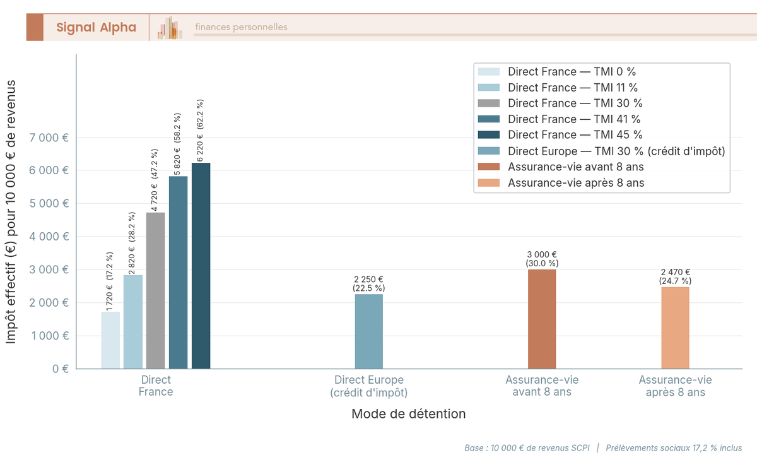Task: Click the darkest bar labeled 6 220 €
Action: [201, 265]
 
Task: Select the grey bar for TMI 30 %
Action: [155, 290]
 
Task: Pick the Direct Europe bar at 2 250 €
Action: [368, 331]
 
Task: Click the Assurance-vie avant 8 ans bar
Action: [542, 319]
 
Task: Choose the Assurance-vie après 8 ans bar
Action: [675, 328]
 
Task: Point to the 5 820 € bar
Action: [178, 272]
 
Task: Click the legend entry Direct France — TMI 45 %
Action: [575, 135]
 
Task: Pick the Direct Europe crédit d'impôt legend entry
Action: [616, 151]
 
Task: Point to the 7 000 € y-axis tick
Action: [49, 138]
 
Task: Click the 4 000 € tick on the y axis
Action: [49, 237]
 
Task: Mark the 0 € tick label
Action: [61, 369]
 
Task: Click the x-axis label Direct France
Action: [156, 386]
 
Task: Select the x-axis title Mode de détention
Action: [409, 415]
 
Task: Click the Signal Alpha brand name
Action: [96, 27]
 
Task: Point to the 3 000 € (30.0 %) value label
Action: [542, 259]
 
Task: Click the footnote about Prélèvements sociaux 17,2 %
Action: [674, 448]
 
